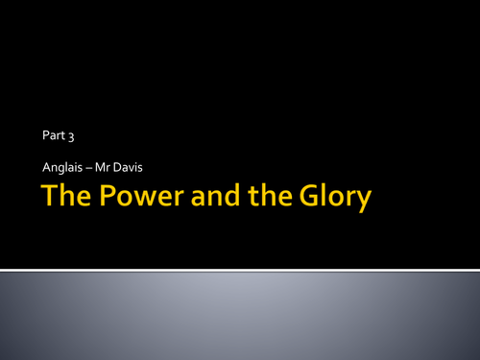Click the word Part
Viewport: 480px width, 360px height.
52,137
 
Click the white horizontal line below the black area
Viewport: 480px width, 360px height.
240,269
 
